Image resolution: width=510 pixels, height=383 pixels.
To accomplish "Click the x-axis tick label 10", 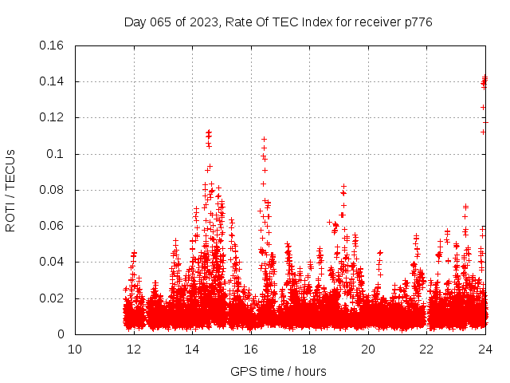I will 75,349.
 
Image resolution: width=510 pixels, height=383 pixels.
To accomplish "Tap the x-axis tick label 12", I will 133,349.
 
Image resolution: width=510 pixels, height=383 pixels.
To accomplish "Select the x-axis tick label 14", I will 192,349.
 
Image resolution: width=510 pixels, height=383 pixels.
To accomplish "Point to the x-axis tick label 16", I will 250,349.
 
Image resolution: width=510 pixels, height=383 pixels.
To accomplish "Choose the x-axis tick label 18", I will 309,349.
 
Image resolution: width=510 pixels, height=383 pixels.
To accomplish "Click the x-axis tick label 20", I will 367,349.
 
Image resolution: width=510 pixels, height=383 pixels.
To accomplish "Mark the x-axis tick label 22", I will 426,349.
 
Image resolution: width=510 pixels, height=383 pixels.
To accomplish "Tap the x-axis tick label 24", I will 484,349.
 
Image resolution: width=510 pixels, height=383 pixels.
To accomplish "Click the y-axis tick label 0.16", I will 53,45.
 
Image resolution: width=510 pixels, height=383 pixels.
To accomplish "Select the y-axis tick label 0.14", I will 53,81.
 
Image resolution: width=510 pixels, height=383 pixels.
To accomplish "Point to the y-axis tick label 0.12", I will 53,117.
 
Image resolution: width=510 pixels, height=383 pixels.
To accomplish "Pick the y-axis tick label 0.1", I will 57,154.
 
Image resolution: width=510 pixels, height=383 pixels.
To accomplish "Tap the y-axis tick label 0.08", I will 53,190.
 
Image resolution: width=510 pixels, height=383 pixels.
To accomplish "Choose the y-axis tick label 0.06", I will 53,226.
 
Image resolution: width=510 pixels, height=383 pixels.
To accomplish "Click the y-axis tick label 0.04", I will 53,262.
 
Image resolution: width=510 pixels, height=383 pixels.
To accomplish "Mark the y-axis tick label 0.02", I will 53,298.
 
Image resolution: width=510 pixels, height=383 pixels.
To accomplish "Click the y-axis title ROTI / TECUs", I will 11,190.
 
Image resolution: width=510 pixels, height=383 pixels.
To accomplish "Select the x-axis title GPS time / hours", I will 278,372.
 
